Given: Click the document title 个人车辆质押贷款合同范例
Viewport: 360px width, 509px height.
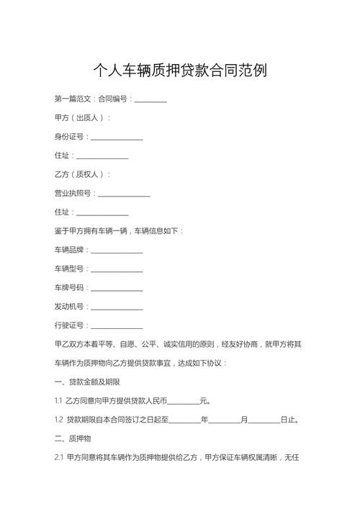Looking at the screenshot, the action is [x=180, y=71].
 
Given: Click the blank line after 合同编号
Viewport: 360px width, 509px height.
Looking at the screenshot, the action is [x=150, y=99].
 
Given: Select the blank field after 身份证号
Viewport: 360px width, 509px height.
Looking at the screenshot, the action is [x=116, y=137].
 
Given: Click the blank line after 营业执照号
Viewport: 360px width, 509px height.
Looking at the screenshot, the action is [x=124, y=194].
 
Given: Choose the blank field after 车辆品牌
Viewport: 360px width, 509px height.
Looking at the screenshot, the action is [x=116, y=251].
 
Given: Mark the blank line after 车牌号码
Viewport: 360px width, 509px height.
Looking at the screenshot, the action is [x=116, y=288].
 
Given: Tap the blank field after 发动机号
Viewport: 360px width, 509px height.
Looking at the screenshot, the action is [x=116, y=307].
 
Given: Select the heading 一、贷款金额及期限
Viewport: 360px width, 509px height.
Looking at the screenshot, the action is [x=87, y=382].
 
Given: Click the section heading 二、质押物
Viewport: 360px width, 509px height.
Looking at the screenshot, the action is [x=73, y=438].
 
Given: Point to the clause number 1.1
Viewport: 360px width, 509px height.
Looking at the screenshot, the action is [x=58, y=401].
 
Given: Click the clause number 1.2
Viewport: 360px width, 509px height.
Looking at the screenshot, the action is [x=59, y=420].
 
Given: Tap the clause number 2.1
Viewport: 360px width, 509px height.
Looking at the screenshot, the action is [x=59, y=457].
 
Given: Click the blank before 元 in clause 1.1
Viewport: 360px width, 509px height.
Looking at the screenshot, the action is [x=183, y=401].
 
